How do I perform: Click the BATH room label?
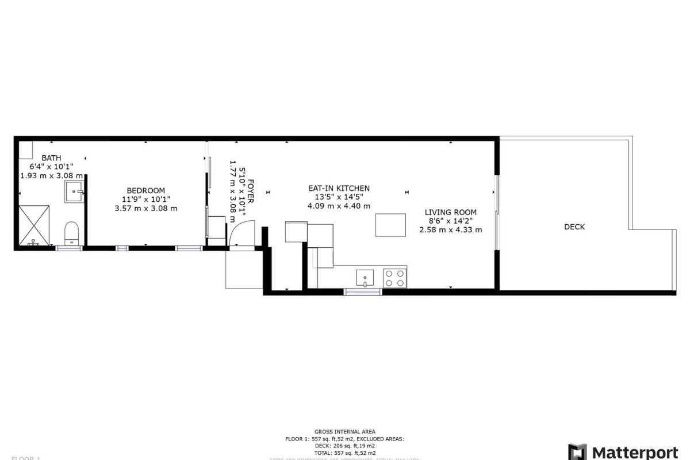tap(51, 158)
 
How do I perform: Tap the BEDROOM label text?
tap(145, 191)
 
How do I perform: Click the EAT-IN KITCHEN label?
tap(339, 189)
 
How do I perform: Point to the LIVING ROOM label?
tap(450, 212)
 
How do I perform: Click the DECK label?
tap(574, 227)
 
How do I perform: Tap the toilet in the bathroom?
tap(72, 233)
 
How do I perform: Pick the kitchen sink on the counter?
tap(365, 278)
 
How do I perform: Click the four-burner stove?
tap(394, 278)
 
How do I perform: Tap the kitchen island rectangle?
tap(391, 225)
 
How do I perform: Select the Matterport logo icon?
tap(577, 452)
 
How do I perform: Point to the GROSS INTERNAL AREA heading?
tap(345, 431)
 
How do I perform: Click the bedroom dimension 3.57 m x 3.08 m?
tap(145, 208)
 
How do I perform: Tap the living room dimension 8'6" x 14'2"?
tap(450, 221)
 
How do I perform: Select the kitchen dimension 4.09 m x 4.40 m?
tap(339, 206)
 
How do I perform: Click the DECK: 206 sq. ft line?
tap(345, 446)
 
